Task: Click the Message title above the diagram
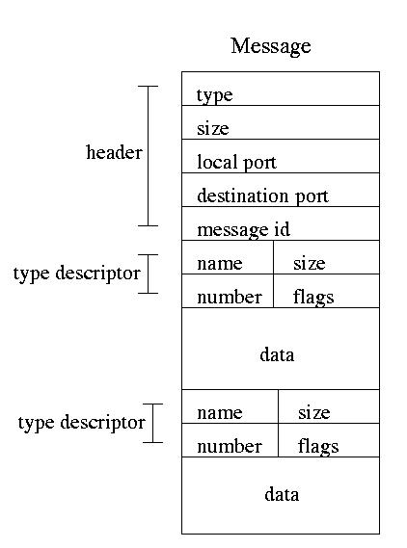[x=271, y=46]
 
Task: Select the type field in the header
[x=281, y=89]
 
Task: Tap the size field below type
[x=281, y=122]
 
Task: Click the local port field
[x=281, y=156]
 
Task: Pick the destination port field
[x=281, y=190]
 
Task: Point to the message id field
[x=281, y=223]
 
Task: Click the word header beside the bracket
[x=114, y=152]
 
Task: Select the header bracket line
[x=148, y=156]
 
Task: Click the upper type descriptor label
[x=76, y=274]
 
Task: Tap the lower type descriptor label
[x=82, y=423]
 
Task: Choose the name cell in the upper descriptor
[x=228, y=257]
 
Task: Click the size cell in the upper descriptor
[x=326, y=257]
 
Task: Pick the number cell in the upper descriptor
[x=228, y=291]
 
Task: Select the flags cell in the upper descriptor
[x=326, y=291]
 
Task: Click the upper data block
[x=281, y=349]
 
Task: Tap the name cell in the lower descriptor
[x=230, y=406]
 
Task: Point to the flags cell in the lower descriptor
[x=329, y=440]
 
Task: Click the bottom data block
[x=281, y=495]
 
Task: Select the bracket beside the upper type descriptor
[x=148, y=274]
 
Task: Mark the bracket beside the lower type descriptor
[x=153, y=423]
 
